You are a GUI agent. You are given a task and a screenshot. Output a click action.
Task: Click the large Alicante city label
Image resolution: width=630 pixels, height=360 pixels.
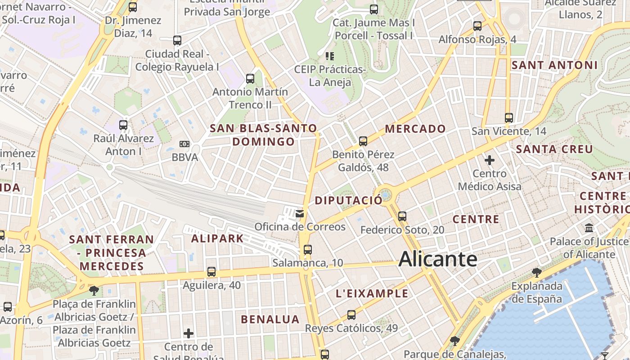[437, 259]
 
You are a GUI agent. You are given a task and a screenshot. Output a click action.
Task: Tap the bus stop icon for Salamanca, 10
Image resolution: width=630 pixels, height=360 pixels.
[308, 249]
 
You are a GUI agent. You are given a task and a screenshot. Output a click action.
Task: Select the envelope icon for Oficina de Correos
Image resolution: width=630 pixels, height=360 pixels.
[300, 213]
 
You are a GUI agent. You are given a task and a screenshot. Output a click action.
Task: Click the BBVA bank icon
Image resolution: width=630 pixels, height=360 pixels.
[184, 144]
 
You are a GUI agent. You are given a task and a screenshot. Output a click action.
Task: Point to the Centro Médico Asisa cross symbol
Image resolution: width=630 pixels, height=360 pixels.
[490, 160]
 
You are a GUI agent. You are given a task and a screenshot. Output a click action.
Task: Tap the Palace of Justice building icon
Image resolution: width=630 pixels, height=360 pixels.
[589, 228]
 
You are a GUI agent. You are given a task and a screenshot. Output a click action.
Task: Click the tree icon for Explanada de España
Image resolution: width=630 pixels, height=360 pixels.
[536, 272]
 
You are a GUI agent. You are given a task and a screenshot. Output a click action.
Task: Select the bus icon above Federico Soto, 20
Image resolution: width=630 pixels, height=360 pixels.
[402, 216]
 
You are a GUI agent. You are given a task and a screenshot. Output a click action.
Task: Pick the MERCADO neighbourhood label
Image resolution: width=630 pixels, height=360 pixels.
[415, 129]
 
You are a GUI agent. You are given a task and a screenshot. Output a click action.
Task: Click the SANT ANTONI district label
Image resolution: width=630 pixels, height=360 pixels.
[554, 65]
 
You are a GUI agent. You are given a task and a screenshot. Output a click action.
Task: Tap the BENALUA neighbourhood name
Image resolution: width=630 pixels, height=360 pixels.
[270, 319]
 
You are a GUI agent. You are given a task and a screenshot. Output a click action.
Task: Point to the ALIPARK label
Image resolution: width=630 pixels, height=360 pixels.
[217, 238]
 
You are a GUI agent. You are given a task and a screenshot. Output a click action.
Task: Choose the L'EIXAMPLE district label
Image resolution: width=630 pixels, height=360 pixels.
[372, 294]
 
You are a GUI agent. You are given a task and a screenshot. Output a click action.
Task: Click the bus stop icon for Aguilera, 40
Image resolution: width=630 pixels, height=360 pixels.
[211, 272]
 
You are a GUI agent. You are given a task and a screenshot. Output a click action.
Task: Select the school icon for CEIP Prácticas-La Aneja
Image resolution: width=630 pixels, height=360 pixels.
[330, 56]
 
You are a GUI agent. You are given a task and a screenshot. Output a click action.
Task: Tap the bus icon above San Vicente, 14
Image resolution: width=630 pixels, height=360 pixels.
[509, 118]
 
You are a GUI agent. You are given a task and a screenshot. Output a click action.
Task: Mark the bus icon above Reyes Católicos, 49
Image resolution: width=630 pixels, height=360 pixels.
[351, 315]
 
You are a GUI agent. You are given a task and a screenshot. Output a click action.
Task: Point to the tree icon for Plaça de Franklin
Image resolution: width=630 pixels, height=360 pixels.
[94, 291]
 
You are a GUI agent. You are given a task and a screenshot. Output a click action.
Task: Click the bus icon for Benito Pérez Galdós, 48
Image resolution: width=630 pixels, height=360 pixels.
[363, 141]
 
